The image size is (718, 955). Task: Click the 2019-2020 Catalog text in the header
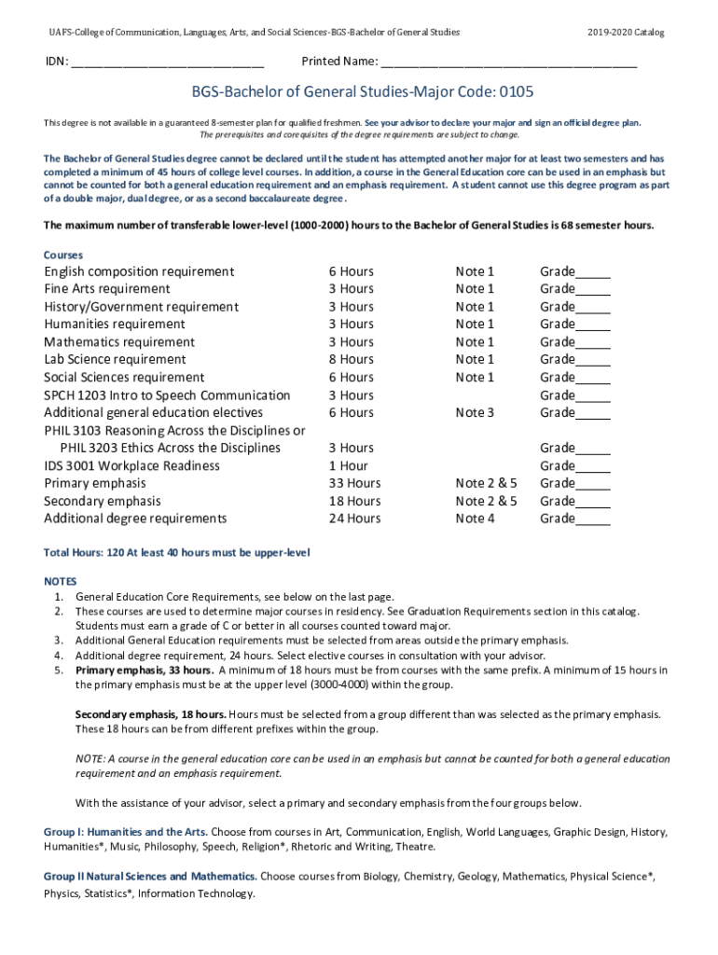click(x=626, y=33)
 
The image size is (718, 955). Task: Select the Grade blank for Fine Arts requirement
click(x=593, y=290)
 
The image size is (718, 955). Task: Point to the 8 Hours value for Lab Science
click(x=351, y=359)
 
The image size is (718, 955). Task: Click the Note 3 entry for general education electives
click(x=475, y=412)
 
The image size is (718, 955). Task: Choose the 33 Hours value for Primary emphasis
click(x=354, y=483)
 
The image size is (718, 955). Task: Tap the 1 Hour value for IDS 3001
click(x=348, y=465)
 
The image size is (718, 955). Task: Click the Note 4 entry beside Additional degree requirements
click(x=475, y=519)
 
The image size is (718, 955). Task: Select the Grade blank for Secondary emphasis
click(x=593, y=502)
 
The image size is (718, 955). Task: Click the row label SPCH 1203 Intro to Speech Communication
click(x=167, y=395)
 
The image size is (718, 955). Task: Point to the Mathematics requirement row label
click(x=119, y=342)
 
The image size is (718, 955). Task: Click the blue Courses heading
click(x=63, y=255)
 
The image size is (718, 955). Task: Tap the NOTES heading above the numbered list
click(x=62, y=581)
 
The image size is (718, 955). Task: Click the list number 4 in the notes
click(x=58, y=655)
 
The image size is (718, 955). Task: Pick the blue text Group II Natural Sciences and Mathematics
click(x=150, y=877)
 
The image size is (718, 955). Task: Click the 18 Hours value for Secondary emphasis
click(x=354, y=501)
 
